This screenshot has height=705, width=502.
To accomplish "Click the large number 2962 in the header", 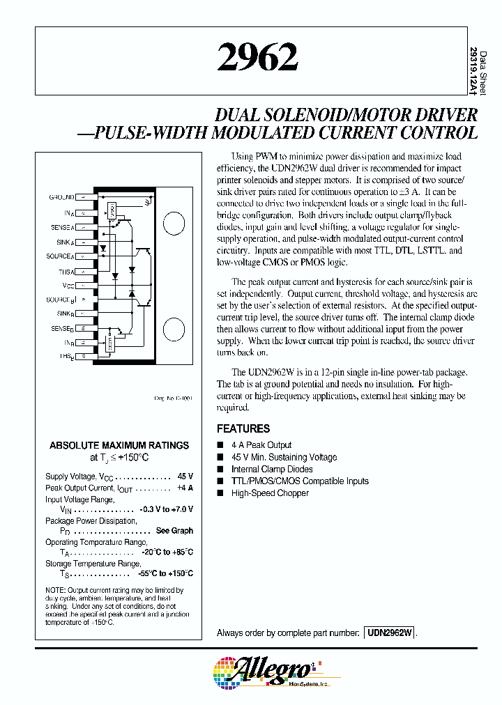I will (x=257, y=59).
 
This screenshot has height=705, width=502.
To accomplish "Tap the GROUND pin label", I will (x=61, y=197).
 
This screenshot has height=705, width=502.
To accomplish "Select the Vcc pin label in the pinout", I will (x=68, y=286).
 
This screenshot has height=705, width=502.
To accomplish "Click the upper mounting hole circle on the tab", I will (x=174, y=224).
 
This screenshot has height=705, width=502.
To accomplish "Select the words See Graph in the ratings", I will (x=174, y=531).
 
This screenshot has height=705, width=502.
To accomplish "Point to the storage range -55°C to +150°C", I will (x=165, y=573).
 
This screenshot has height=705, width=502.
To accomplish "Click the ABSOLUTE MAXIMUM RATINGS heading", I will (x=119, y=445).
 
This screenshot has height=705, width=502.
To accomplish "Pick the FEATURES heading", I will (x=243, y=428).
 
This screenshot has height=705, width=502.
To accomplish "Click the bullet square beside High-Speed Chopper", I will (x=220, y=493).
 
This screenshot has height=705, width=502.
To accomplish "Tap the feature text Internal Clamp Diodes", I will (x=272, y=470).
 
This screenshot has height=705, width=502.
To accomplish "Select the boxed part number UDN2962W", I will (x=389, y=633).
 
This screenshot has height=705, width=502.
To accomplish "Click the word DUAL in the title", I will (x=238, y=115).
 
